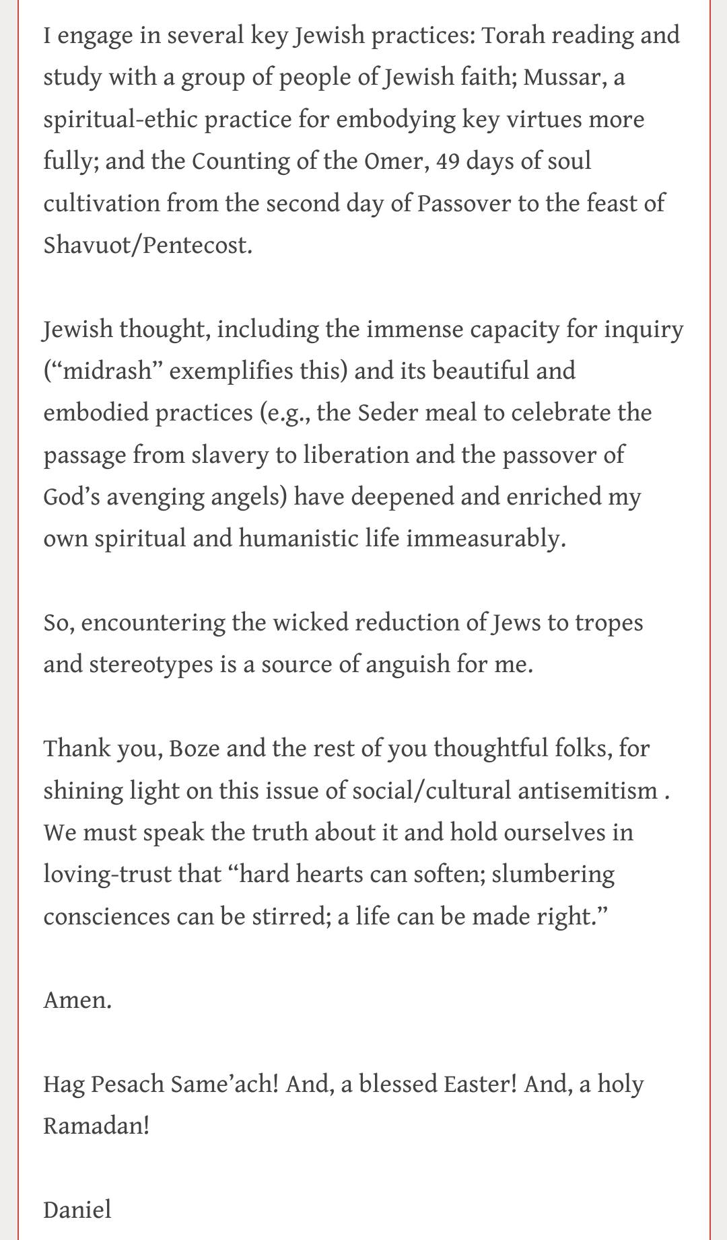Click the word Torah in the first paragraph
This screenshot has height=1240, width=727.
(x=516, y=35)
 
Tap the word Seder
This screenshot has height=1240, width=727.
(x=382, y=412)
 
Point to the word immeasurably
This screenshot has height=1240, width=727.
(x=484, y=538)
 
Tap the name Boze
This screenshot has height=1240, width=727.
(x=194, y=748)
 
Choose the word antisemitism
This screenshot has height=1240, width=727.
(x=587, y=791)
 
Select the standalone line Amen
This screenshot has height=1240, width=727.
(x=77, y=1000)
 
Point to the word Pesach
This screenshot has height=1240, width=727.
(x=127, y=1085)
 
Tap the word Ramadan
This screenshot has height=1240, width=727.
(x=96, y=1126)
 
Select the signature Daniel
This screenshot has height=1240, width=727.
(x=77, y=1210)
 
